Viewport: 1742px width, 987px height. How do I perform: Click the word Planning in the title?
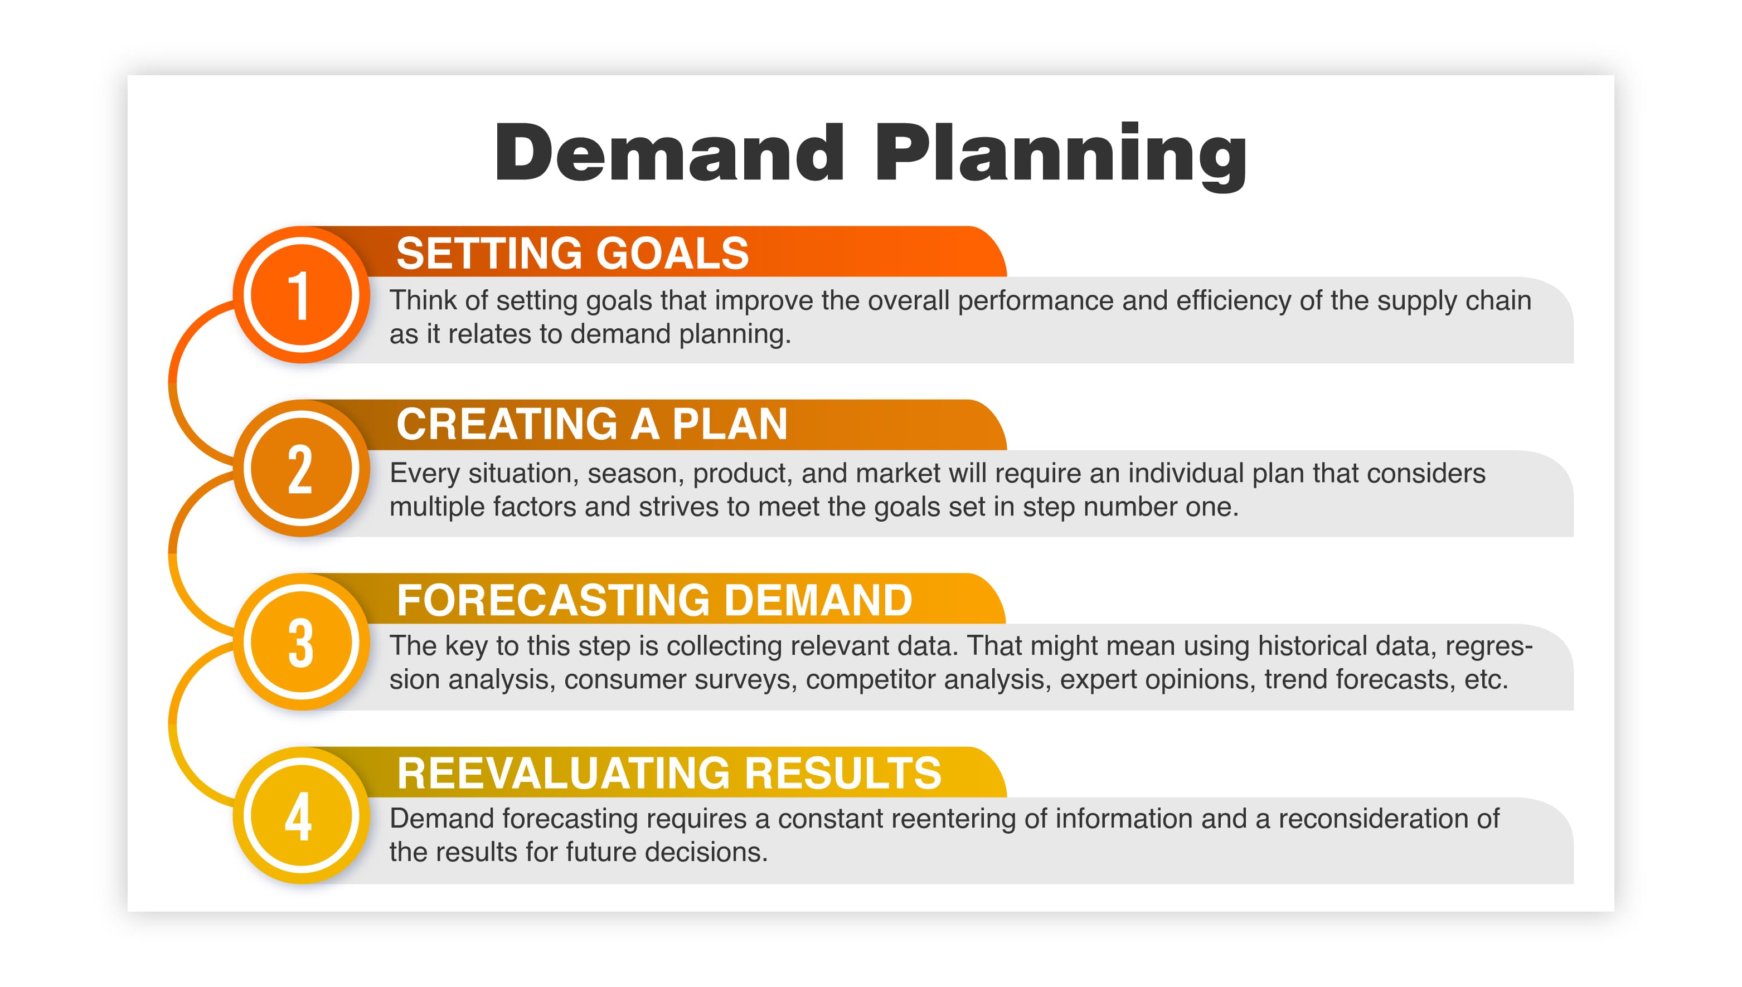[1060, 154]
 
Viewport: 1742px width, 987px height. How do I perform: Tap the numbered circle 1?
[301, 295]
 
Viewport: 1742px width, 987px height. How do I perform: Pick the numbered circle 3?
[301, 642]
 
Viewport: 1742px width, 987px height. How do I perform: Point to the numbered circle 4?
[301, 815]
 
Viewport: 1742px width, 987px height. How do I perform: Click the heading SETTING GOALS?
[572, 254]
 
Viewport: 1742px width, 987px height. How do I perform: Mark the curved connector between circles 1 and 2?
[173, 383]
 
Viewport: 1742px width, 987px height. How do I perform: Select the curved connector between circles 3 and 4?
[173, 725]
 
